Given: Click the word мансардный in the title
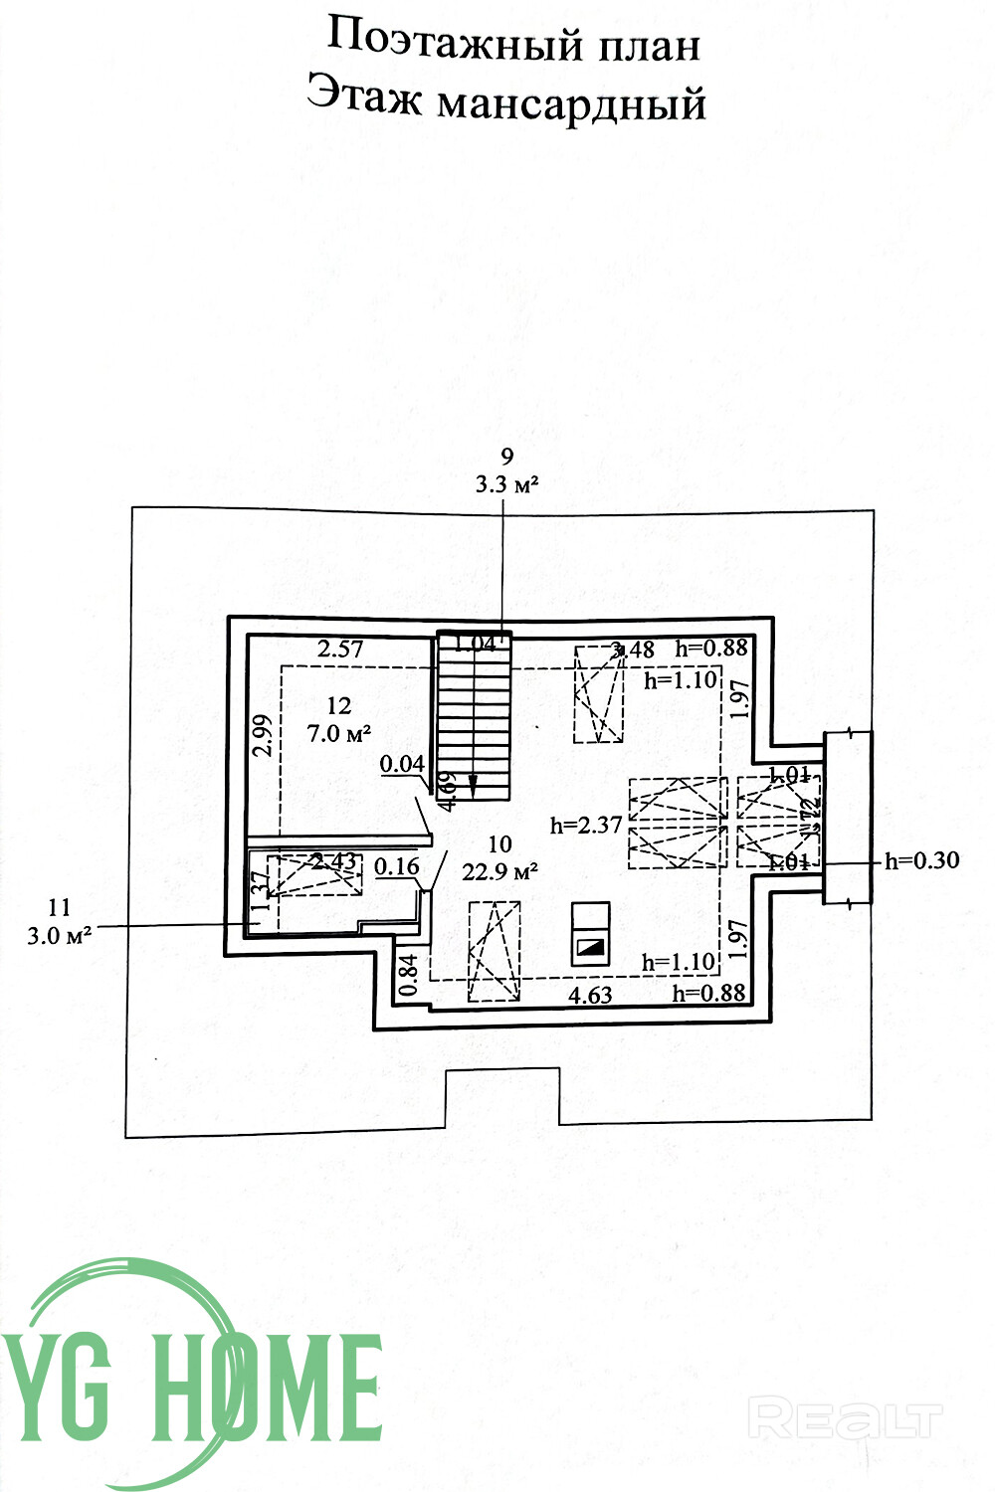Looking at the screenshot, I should pos(571,102).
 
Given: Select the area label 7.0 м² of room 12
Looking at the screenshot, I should pos(339,734).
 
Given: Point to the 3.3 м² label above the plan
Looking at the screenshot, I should pos(507,485).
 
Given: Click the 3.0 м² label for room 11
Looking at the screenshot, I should pos(60,935).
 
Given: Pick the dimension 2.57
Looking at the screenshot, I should pos(340,649).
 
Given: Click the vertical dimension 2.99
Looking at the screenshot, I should pos(263,736).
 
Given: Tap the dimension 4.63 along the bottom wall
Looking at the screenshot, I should pos(590,993).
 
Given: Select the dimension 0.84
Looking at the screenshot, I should pos(407,976).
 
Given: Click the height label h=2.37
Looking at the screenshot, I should pos(586,825).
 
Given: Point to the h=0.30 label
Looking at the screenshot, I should pos(922,860).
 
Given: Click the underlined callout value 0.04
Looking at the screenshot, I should pos(403,764).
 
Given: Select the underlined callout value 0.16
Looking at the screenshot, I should pos(397,866).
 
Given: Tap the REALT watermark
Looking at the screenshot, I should pos(845,1417).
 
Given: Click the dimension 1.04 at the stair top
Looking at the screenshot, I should pos(475,643).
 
